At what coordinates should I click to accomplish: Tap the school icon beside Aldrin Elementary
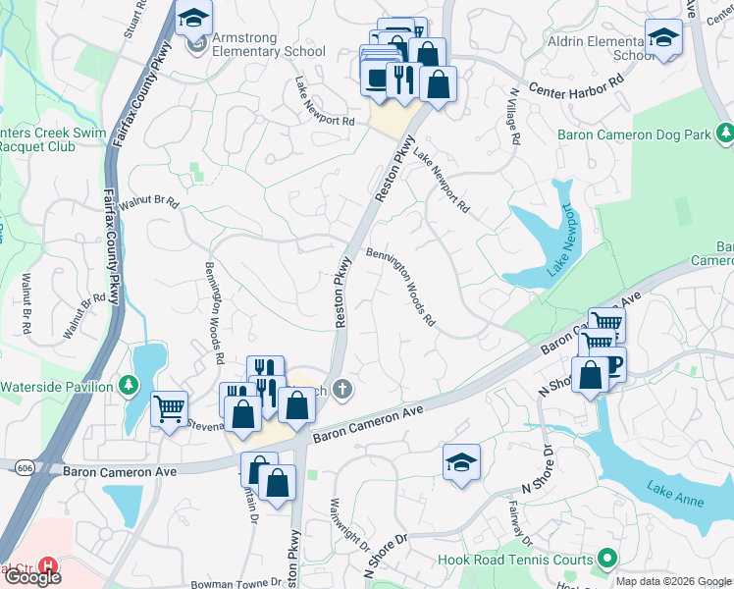(x=664, y=38)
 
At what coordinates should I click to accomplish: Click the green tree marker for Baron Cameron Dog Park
(x=724, y=131)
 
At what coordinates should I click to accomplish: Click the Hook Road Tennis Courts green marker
(x=606, y=560)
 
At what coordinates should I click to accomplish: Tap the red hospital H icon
(x=46, y=567)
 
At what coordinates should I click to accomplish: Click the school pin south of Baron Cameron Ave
(x=461, y=461)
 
